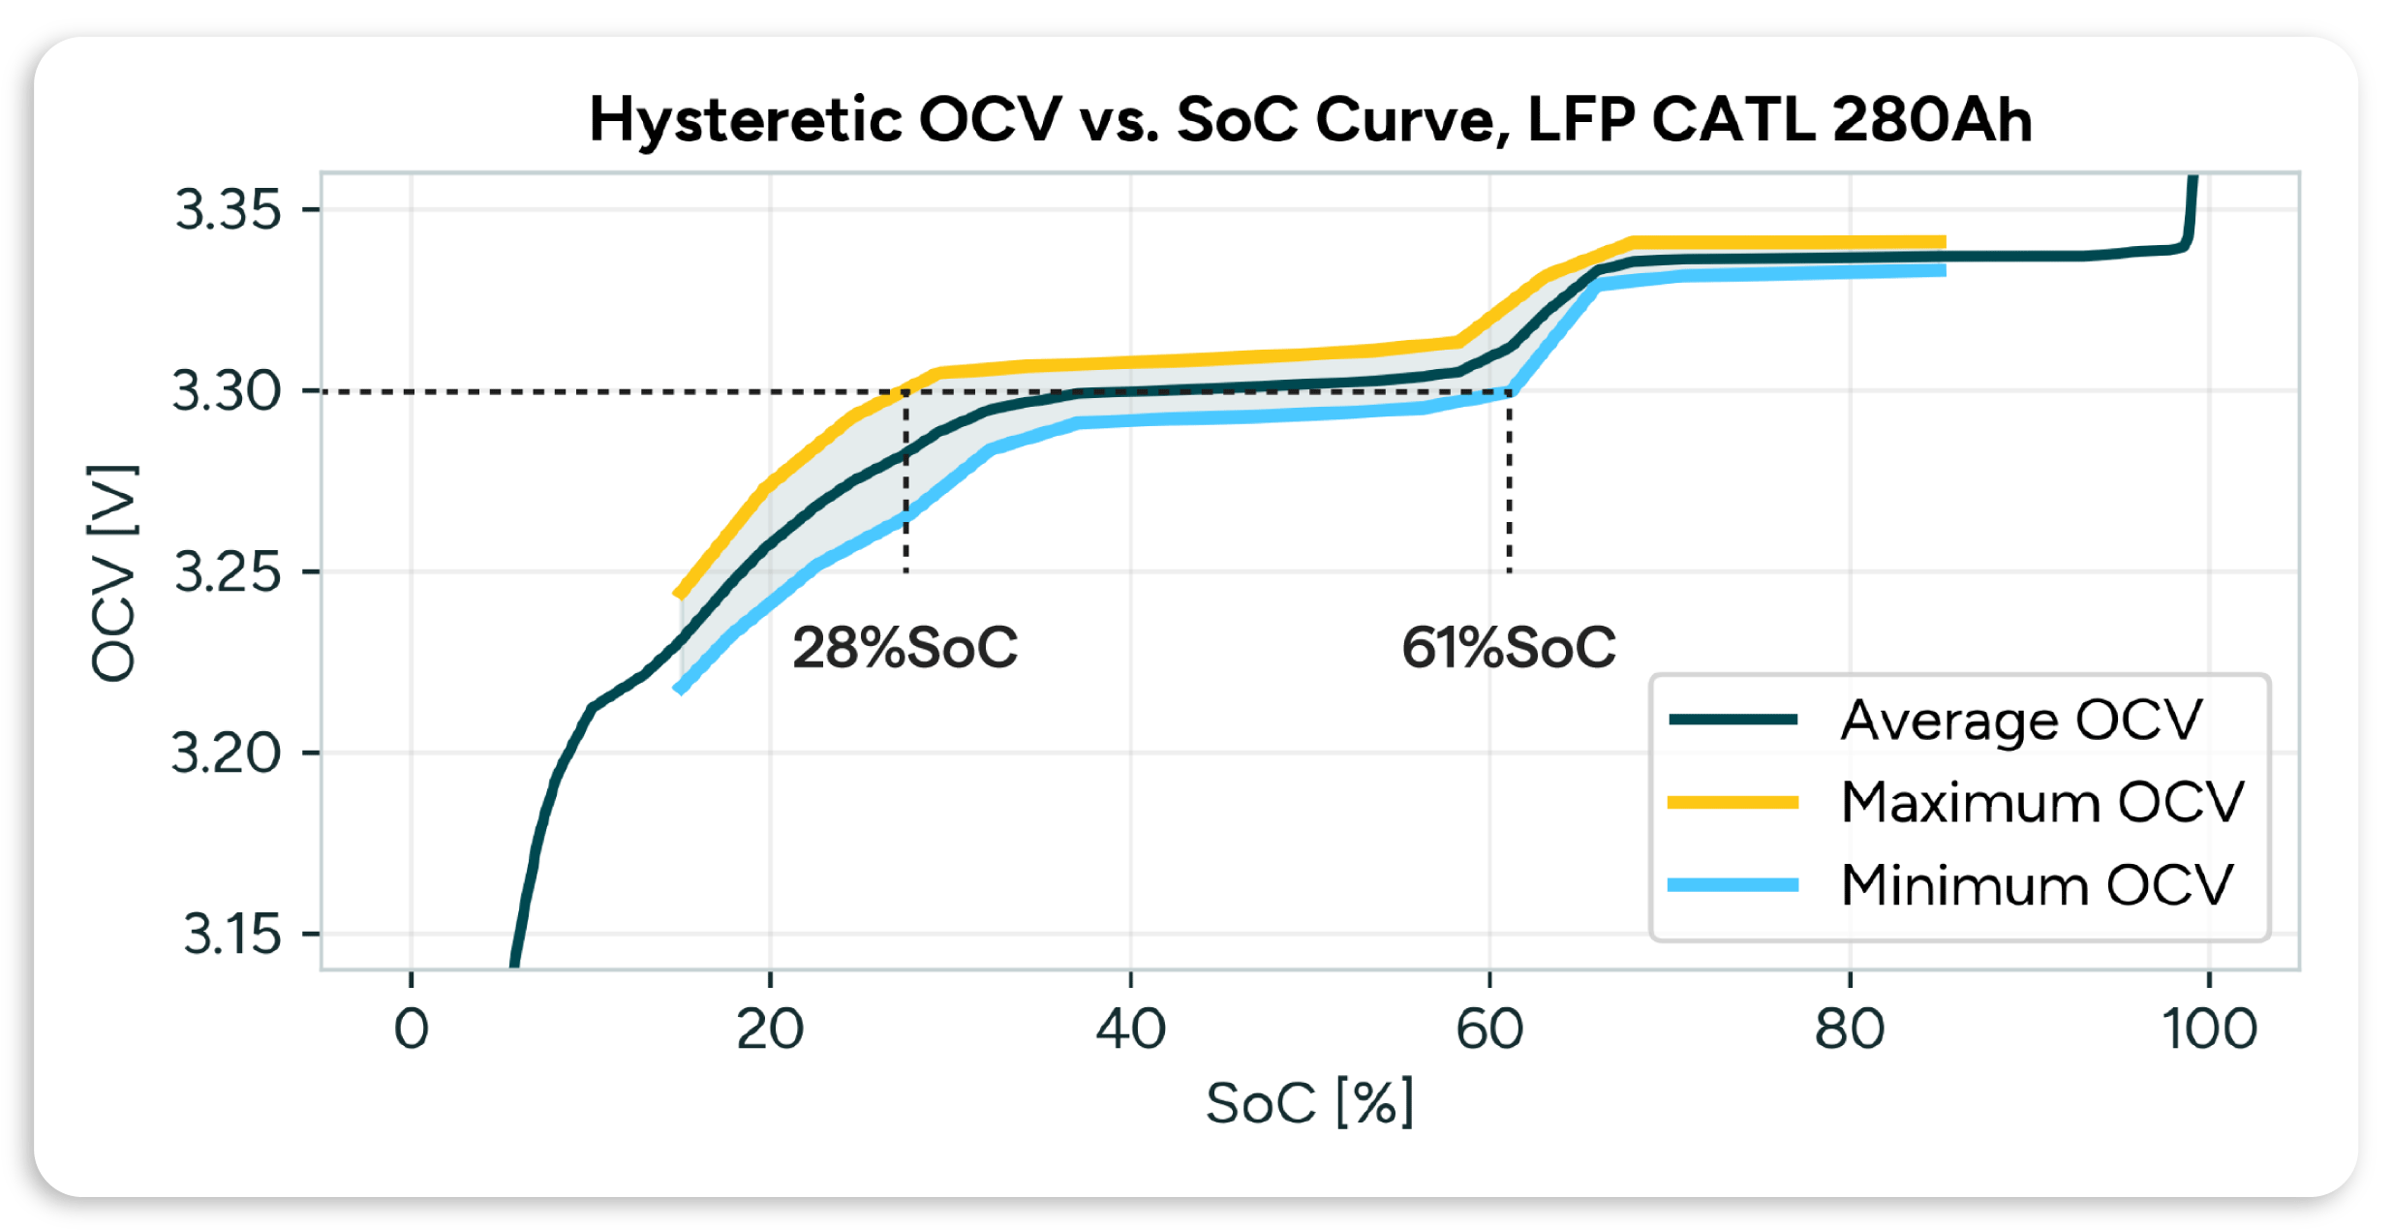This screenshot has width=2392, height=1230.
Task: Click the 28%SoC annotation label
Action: click(905, 648)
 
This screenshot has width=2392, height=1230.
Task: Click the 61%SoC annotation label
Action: click(1508, 648)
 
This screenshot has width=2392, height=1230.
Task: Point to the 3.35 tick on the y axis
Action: click(228, 210)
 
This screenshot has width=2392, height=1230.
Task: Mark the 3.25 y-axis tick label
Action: click(227, 572)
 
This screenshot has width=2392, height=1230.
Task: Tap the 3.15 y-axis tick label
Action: click(231, 935)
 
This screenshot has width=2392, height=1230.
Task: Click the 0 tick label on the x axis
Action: click(411, 1030)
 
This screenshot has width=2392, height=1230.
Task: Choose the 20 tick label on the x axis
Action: click(770, 1030)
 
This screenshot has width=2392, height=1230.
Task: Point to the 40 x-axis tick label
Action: click(1130, 1030)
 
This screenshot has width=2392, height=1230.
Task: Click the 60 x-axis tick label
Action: click(1489, 1030)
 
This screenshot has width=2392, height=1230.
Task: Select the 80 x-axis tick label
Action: click(1850, 1030)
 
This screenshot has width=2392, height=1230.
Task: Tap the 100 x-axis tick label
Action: click(2209, 1030)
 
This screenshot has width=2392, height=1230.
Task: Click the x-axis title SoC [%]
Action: click(1309, 1103)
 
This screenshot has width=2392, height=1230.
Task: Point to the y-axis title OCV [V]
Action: click(114, 573)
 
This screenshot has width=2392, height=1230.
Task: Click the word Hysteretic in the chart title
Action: click(746, 120)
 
